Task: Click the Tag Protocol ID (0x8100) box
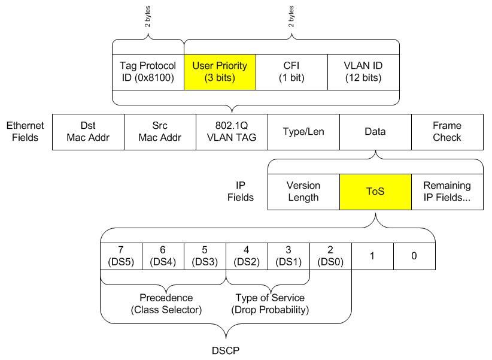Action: [148, 72]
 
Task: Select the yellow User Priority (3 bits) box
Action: [220, 72]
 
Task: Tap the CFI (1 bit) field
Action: [291, 72]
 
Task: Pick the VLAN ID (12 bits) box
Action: [363, 72]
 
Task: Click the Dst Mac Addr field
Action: [88, 131]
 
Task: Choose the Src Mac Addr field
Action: [160, 131]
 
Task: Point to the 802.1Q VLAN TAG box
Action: [232, 131]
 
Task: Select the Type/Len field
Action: [303, 131]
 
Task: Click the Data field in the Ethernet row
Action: [375, 131]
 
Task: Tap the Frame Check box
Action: [447, 131]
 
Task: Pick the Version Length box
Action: [303, 192]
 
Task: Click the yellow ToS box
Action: [375, 192]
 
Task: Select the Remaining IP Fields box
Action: [447, 192]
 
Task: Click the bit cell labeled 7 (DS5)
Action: [121, 256]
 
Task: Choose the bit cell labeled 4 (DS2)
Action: [247, 256]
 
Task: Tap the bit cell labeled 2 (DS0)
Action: [330, 256]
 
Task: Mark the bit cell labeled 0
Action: [414, 256]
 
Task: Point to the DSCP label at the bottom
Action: [226, 350]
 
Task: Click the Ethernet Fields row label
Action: [25, 131]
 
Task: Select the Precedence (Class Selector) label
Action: [166, 304]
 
